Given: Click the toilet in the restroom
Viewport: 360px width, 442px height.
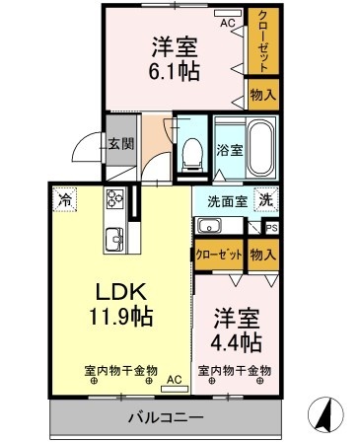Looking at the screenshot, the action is tap(191, 155).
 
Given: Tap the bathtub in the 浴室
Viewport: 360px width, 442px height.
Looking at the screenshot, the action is tap(260, 148).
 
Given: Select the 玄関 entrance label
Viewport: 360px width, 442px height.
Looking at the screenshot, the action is tap(121, 144).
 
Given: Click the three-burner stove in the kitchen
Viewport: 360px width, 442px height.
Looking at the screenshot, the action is tap(114, 198).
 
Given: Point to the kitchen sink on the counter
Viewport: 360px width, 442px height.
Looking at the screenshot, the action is tap(114, 239).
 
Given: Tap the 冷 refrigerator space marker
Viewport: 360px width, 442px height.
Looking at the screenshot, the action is tap(65, 199).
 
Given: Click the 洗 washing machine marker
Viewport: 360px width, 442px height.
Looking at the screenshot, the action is tap(266, 199).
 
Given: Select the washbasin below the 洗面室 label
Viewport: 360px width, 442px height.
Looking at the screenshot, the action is tap(209, 226).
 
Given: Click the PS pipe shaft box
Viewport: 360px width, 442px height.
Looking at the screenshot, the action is tap(272, 228).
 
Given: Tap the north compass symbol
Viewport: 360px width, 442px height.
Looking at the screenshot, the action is tap(325, 413).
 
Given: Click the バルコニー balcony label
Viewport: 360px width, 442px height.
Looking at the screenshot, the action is tap(166, 418).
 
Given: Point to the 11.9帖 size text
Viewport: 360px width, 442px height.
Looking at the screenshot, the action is tap(120, 317).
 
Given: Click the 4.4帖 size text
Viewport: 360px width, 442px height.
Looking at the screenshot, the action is tap(237, 342).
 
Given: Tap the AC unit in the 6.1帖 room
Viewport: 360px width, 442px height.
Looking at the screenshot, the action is tap(228, 13).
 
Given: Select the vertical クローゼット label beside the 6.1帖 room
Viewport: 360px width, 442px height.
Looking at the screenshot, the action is tap(263, 41).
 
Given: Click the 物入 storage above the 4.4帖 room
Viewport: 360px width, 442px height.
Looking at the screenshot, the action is tap(263, 255).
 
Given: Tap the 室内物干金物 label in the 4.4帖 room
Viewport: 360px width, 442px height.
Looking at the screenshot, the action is tap(235, 371).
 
